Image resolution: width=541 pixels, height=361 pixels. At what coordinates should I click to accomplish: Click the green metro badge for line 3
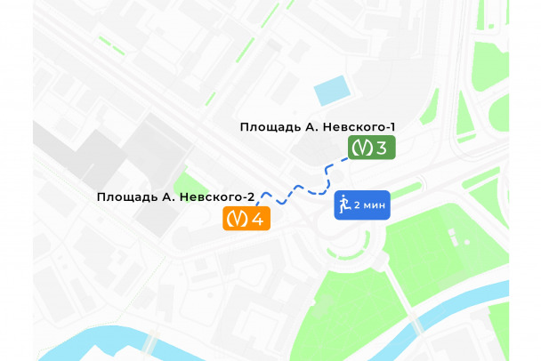coord(371,148)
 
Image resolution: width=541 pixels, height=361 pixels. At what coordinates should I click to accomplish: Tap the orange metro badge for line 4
coord(246,218)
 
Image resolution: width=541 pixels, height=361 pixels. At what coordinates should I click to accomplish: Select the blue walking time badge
coord(362,205)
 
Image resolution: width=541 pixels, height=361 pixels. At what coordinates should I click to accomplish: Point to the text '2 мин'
coord(369,205)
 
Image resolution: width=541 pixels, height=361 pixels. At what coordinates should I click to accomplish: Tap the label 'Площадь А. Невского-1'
coord(317,127)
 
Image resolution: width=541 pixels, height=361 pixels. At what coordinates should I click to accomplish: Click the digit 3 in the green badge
coord(382,148)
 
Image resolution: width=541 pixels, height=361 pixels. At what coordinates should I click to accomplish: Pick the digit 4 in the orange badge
coord(257,218)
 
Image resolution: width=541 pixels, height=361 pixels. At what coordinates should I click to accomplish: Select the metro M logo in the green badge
coord(360,148)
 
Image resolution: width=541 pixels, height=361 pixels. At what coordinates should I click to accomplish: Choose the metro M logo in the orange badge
coord(236,218)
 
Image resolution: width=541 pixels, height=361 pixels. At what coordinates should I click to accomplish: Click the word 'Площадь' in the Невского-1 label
coord(269,127)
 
